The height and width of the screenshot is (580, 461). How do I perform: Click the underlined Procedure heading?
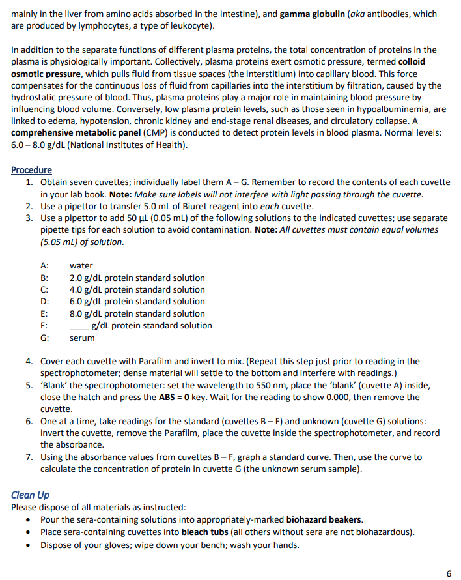[31, 170]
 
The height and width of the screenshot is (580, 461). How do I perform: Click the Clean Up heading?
[30, 495]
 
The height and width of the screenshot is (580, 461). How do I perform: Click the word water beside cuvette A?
[81, 266]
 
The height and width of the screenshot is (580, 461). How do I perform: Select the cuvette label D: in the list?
[45, 302]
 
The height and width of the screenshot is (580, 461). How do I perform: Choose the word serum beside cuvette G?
[82, 338]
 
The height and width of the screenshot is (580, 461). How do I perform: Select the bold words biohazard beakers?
[324, 519]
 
